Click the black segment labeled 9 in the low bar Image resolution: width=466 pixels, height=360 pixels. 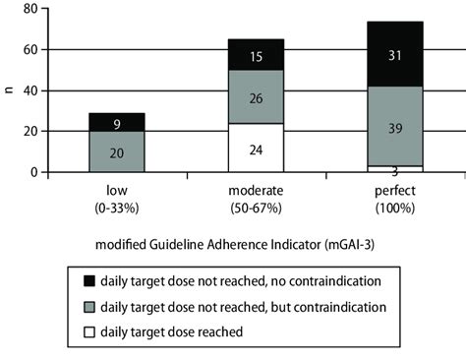(x=117, y=122)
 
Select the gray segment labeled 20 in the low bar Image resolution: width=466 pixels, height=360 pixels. (x=117, y=151)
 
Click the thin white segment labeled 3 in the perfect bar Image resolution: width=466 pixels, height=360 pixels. (x=394, y=168)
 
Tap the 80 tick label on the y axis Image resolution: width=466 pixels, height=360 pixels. (x=32, y=9)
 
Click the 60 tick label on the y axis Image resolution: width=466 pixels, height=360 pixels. (x=32, y=49)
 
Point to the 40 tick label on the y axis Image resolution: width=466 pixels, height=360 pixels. (x=32, y=90)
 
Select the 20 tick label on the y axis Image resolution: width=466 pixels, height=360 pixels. (x=32, y=131)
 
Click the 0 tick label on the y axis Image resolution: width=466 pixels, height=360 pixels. (x=36, y=172)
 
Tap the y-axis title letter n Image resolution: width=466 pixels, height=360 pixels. (x=9, y=90)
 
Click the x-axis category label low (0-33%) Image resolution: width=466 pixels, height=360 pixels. (x=117, y=196)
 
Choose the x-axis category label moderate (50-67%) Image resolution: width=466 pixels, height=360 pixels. (x=256, y=196)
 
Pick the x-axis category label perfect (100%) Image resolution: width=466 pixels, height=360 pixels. (x=394, y=196)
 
